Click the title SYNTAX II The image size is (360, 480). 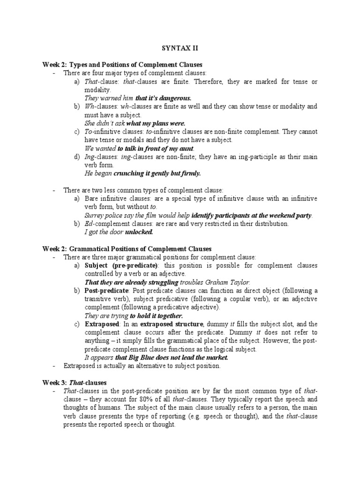(x=180, y=47)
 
